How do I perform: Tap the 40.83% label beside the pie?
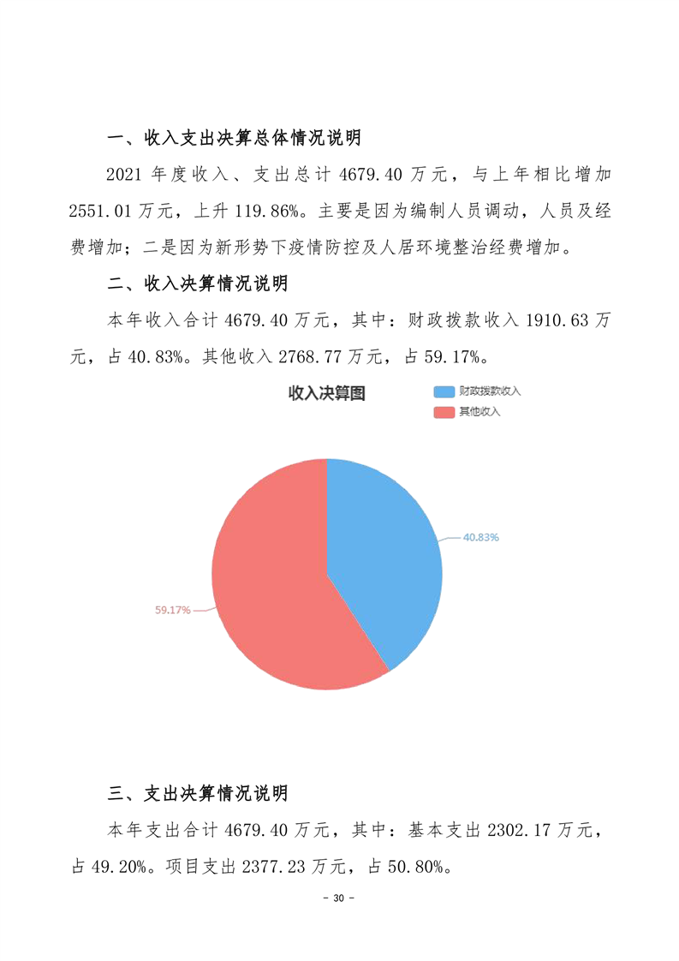coord(481,537)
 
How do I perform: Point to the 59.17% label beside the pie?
coord(172,610)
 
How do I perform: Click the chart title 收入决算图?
coord(326,393)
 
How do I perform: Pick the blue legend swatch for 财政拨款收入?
coord(444,391)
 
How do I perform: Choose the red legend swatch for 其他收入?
coord(444,412)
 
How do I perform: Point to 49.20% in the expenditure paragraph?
coord(118,866)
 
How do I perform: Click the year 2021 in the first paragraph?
coord(124,175)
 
